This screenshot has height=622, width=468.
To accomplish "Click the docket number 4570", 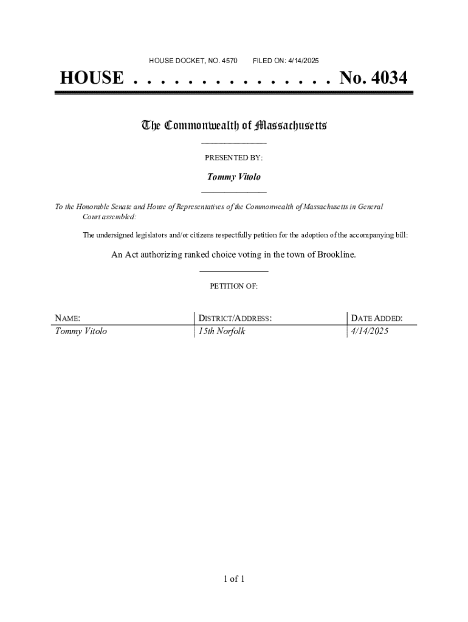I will [229, 61].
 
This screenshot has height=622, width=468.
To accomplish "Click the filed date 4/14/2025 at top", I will [301, 61].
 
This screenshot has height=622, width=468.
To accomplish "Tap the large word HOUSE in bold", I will [91, 78].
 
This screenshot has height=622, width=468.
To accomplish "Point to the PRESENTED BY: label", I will [233, 158].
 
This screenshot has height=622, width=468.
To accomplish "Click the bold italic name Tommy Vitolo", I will [233, 177].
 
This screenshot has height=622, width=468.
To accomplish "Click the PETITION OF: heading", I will [233, 286].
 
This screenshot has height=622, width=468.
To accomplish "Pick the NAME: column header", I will [68, 318].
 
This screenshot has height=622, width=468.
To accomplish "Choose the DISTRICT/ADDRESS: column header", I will [235, 318].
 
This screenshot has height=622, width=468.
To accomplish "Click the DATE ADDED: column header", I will [377, 318].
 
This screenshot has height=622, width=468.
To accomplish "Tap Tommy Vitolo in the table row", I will [81, 332].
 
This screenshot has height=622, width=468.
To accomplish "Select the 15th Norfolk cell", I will [222, 332].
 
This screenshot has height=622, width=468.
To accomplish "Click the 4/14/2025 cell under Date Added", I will [370, 332].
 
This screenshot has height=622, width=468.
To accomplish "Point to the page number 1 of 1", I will [233, 579].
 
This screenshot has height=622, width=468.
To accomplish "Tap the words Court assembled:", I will [109, 216].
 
